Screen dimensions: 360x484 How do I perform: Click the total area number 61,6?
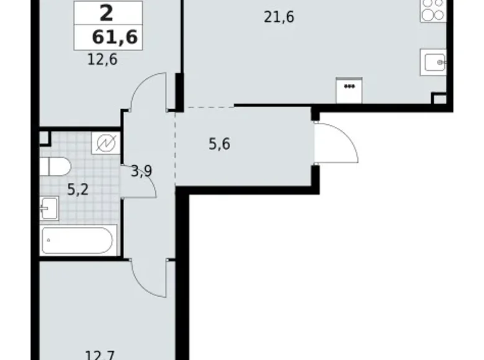(x=114, y=38)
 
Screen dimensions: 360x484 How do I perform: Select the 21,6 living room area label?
(x=279, y=17)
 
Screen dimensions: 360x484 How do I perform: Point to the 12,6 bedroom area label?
(x=102, y=60)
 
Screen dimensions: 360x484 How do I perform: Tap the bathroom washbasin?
(x=49, y=208)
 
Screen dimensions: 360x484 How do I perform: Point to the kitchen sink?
(x=434, y=61)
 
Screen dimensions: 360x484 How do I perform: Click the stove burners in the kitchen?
(x=432, y=11)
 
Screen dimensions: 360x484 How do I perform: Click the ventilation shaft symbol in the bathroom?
(x=106, y=143)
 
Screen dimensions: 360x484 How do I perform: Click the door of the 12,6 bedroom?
(x=148, y=92)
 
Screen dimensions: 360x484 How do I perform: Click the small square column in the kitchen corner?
(x=439, y=99)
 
